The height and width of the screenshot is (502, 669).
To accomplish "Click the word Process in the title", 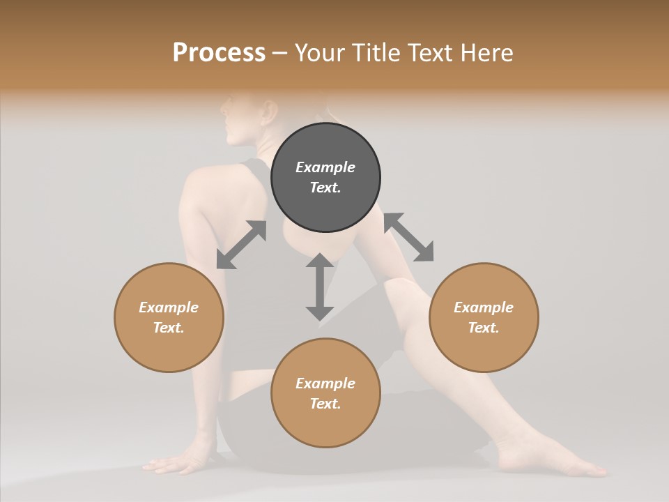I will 219,53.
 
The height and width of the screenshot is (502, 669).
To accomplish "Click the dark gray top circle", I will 325,177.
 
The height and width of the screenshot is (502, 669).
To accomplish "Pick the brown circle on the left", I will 169,317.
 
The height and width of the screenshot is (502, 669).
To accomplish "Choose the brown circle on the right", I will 484,317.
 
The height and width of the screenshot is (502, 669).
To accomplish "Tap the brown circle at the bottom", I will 325,393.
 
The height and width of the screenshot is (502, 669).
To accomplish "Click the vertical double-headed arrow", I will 320,287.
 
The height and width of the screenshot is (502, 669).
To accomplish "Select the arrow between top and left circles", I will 242,245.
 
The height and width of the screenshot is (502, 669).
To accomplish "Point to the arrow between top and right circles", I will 408,237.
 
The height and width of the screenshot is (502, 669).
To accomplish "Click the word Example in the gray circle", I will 325,167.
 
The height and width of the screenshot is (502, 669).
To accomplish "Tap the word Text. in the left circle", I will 169,328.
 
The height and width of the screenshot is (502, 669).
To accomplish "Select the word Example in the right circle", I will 484,307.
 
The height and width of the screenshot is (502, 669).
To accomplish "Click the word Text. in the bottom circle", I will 325,404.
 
